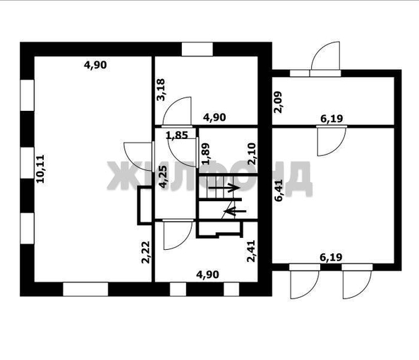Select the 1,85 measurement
pos(176,135)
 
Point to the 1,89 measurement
pos(205,154)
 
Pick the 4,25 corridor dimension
pos(163,176)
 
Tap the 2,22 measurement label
pos(146,251)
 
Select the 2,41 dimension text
pos(251,251)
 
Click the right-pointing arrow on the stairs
pos(225,188)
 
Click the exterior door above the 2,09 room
pos(327,59)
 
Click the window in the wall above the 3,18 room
pos(198,49)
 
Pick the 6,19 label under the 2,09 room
pos(332,119)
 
